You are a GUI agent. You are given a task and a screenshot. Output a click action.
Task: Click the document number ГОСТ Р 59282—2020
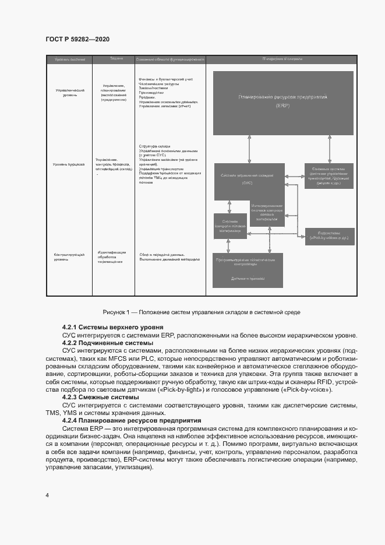pos(77,39)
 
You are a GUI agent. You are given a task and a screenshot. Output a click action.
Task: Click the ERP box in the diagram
pos(282,103)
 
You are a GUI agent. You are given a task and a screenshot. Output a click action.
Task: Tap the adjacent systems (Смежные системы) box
pos(329,174)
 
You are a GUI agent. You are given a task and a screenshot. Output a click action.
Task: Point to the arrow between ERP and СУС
pos(249,149)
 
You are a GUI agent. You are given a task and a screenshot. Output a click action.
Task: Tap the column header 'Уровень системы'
pos(70,59)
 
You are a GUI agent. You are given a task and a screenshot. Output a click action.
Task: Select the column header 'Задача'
pos(116,59)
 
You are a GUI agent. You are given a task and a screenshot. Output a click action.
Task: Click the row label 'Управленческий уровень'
pos(70,93)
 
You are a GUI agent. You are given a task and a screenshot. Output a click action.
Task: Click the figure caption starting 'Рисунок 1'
pos(201,312)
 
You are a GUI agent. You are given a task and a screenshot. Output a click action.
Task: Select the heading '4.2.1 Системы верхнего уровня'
pos(112,327)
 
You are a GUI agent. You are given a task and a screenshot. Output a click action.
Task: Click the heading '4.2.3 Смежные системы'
pos(100,397)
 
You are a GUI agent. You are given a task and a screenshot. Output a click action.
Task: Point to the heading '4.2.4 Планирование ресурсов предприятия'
pos(132,420)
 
